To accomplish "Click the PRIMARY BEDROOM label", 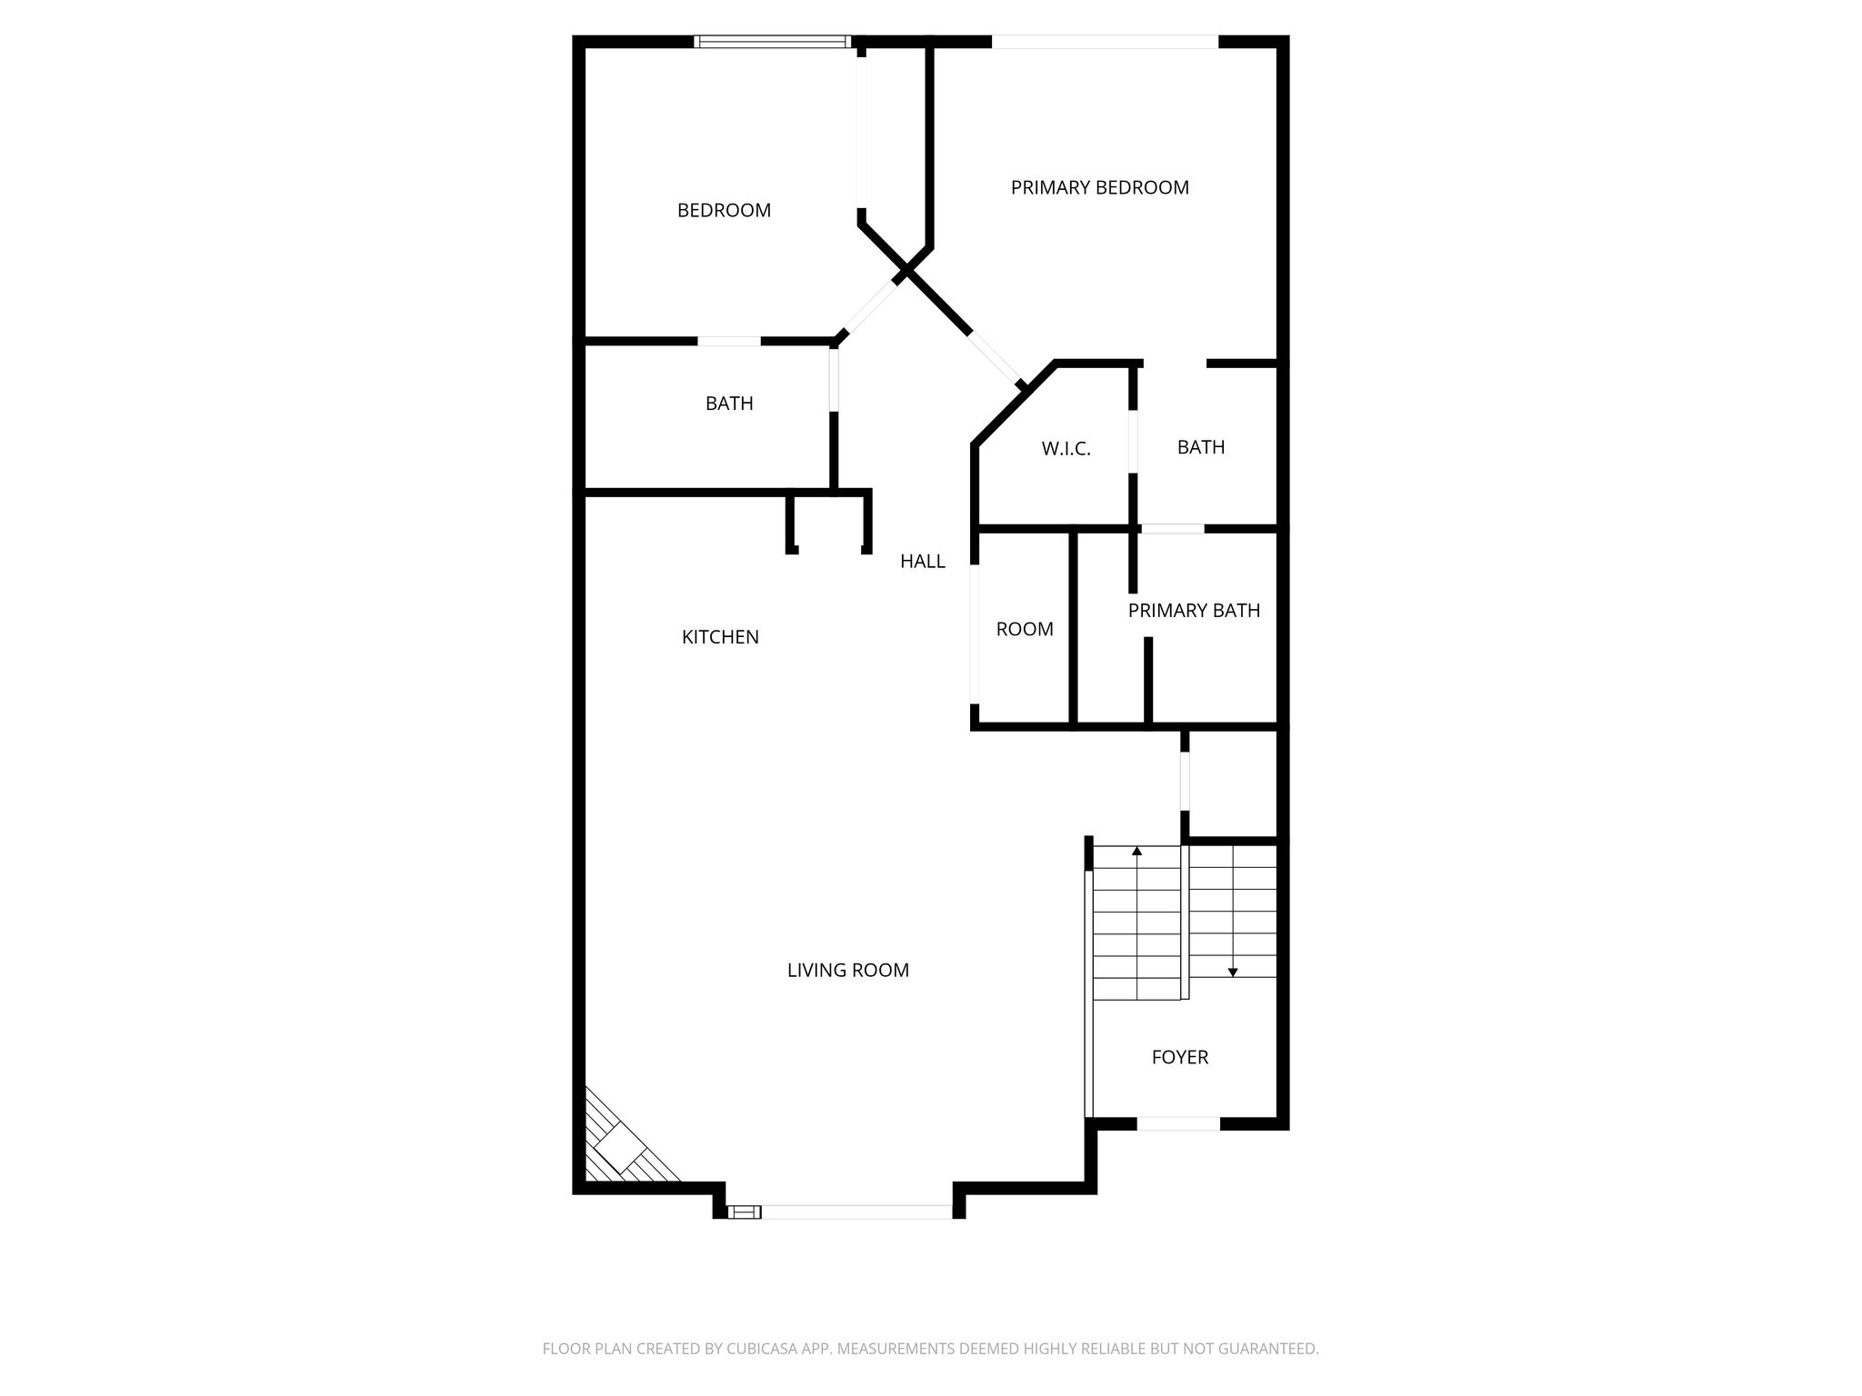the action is click(x=1099, y=187).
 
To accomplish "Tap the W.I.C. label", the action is click(x=1066, y=448).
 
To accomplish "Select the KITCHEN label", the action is click(x=720, y=637).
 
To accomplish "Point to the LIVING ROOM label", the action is click(x=847, y=971).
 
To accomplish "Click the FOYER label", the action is click(x=1180, y=1057).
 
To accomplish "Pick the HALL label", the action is click(x=923, y=562).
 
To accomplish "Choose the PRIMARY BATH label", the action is click(x=1194, y=611).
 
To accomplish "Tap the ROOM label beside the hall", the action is click(x=1025, y=629).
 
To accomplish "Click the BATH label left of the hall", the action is click(x=729, y=404).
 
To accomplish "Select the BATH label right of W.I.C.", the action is click(x=1201, y=447).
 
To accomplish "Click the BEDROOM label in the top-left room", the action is click(x=724, y=211).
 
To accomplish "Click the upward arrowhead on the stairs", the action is click(x=1136, y=852).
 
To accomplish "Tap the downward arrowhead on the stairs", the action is click(x=1233, y=972).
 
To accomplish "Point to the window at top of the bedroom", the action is click(x=773, y=41).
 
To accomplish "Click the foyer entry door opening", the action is click(x=1178, y=1123).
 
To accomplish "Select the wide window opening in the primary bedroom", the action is click(x=1105, y=41).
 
